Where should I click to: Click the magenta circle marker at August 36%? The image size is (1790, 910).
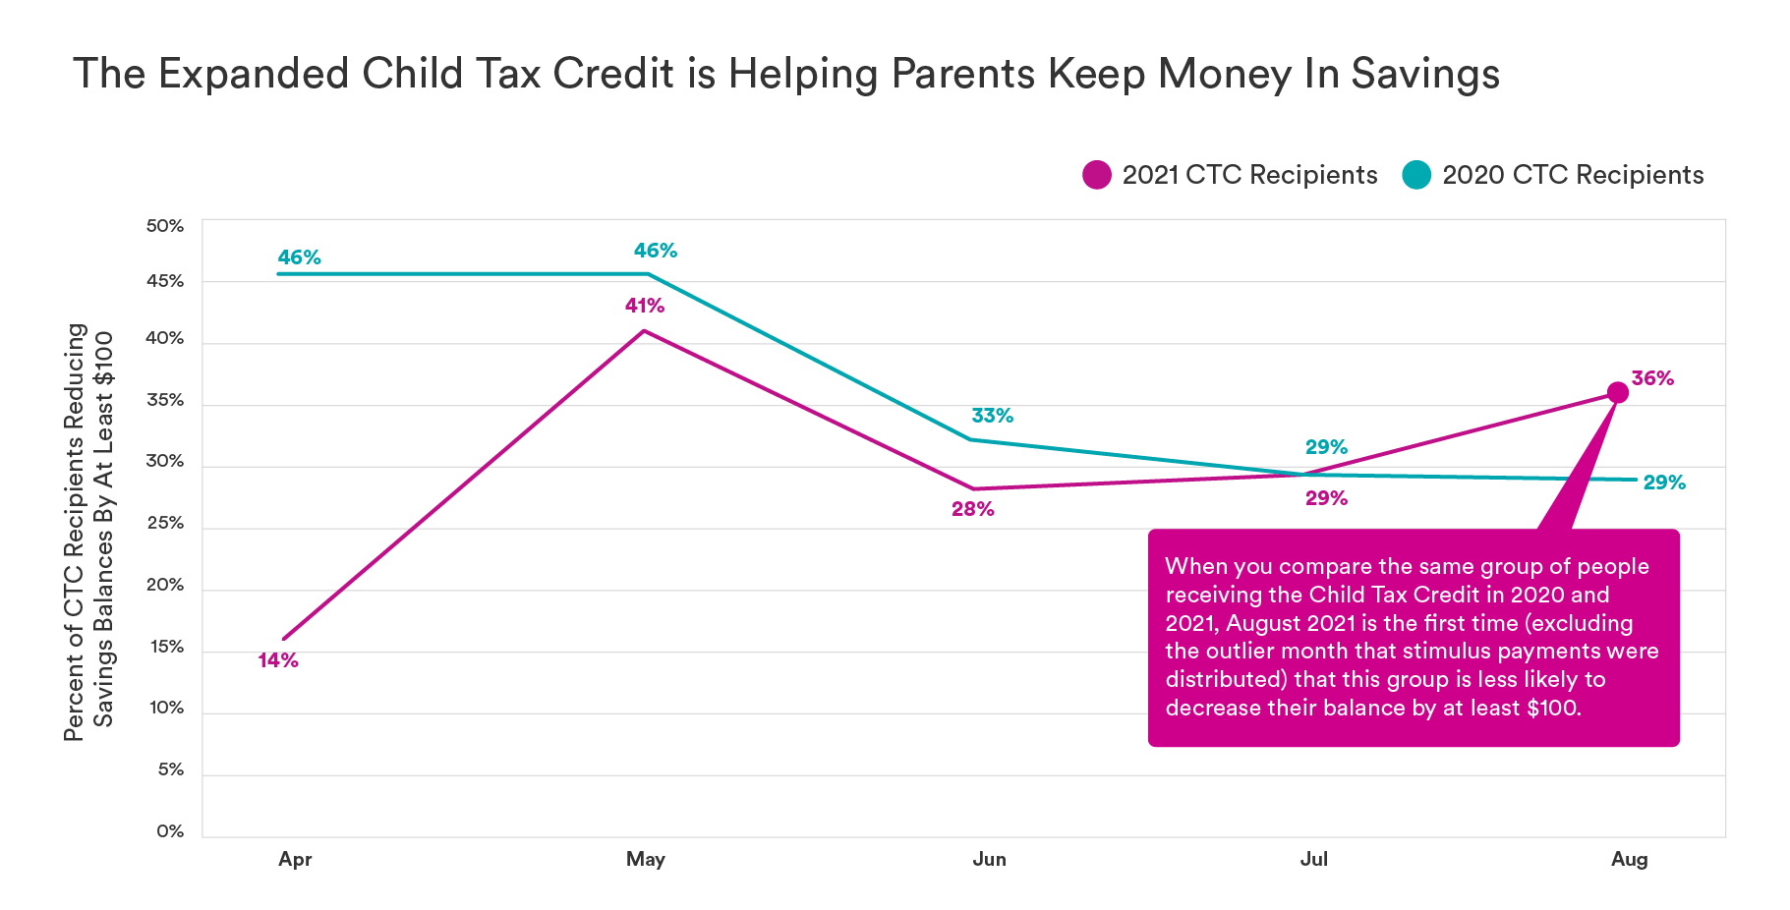tap(1617, 392)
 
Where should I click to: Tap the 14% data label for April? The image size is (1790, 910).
tap(278, 660)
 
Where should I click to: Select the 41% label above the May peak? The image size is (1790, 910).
tap(645, 306)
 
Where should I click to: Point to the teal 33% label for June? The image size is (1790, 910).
tap(992, 416)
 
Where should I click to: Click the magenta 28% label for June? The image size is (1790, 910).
tap(972, 509)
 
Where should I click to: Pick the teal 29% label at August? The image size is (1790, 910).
tap(1664, 483)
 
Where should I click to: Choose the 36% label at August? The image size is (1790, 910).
tap(1652, 378)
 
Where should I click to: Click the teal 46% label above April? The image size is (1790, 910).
tap(299, 257)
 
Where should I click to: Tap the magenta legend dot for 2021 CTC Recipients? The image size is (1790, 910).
tap(1096, 175)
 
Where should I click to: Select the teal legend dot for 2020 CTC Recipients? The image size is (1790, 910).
tap(1416, 175)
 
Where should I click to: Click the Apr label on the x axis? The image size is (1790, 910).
tap(295, 859)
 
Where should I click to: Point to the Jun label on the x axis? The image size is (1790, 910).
tap(989, 859)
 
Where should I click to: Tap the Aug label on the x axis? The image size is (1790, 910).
tap(1629, 859)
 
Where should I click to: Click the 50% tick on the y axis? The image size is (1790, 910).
tap(165, 226)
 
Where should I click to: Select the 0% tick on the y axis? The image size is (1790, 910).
tap(170, 831)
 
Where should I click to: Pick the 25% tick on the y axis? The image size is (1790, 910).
tap(165, 523)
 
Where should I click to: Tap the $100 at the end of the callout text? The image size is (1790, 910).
tap(1552, 708)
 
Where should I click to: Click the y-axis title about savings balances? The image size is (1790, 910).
tap(88, 531)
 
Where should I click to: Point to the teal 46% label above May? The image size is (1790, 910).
tap(655, 251)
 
